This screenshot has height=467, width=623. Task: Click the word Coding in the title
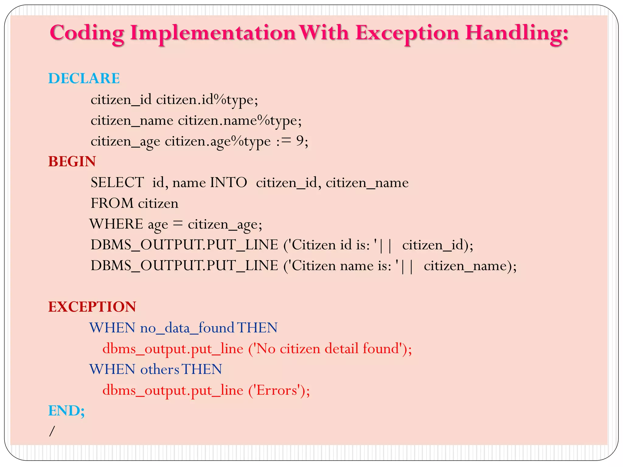(87, 33)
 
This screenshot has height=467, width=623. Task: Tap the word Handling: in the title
(517, 33)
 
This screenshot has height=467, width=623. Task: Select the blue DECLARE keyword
(84, 78)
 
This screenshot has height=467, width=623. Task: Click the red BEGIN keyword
(72, 161)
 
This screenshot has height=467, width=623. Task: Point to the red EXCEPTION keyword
(92, 307)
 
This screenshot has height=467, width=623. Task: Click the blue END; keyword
(67, 411)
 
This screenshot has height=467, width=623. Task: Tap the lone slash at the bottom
(52, 431)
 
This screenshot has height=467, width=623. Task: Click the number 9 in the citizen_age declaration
(300, 141)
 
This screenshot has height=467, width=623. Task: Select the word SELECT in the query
(117, 182)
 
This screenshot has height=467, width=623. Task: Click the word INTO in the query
(228, 182)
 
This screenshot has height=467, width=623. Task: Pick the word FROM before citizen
(112, 203)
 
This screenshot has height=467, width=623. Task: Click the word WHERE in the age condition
(116, 224)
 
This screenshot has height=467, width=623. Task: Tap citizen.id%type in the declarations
(207, 100)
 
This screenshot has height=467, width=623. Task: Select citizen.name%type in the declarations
(240, 120)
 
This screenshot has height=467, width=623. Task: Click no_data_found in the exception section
(187, 328)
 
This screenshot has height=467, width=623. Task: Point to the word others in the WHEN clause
(159, 369)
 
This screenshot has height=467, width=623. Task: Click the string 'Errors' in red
(277, 390)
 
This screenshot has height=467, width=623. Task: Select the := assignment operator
(284, 141)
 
